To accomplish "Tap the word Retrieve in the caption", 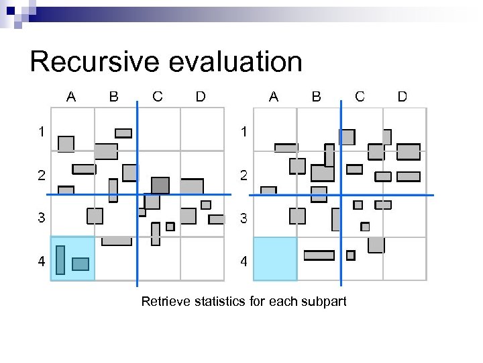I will point(166,301).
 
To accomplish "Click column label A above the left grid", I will point(70,96).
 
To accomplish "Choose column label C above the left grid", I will point(157,96).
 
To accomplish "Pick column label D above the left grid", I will point(200,96).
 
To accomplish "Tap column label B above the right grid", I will point(316,96).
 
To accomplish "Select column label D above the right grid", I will point(402,96).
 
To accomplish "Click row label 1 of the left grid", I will point(42,132).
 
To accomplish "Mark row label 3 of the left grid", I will point(42,218).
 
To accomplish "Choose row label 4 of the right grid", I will point(244,262).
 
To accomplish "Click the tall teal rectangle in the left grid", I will point(60,260).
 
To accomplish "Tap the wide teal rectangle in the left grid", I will point(80,264).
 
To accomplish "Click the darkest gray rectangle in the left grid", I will point(160,185).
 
